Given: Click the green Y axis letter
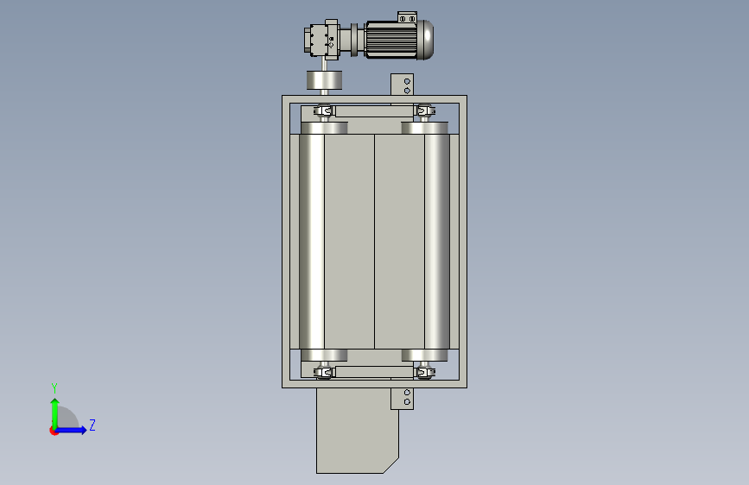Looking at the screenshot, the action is [x=54, y=388].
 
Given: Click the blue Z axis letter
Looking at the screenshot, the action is [x=92, y=425].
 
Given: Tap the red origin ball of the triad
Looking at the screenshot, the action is [x=54, y=431].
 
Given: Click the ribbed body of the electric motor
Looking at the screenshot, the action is [x=390, y=40].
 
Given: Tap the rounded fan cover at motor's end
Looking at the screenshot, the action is [x=426, y=40].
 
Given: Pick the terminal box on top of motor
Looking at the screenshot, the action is [x=407, y=17].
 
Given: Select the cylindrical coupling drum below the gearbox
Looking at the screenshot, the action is [x=324, y=79].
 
